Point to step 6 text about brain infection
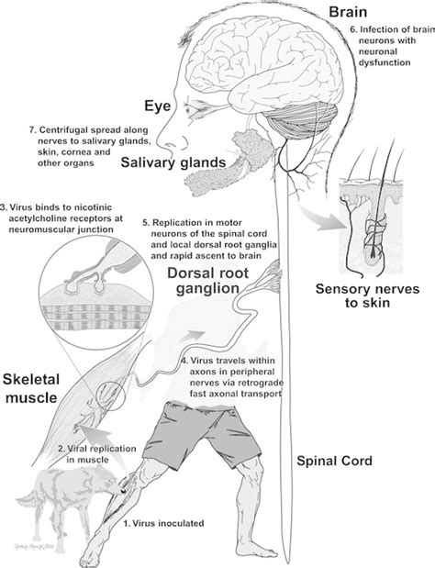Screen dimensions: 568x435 coord(388,46)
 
